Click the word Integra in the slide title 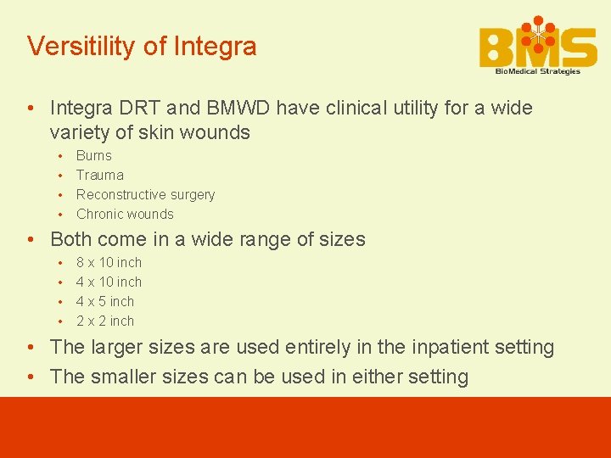point(215,46)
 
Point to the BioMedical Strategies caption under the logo point(538,71)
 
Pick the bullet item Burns point(93,156)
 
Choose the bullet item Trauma point(99,176)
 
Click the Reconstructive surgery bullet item point(145,195)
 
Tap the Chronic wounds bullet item point(125,215)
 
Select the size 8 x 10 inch point(109,263)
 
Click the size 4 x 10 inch point(109,282)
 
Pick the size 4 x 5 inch point(105,302)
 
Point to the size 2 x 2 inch point(105,321)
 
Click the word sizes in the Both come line point(339,240)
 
